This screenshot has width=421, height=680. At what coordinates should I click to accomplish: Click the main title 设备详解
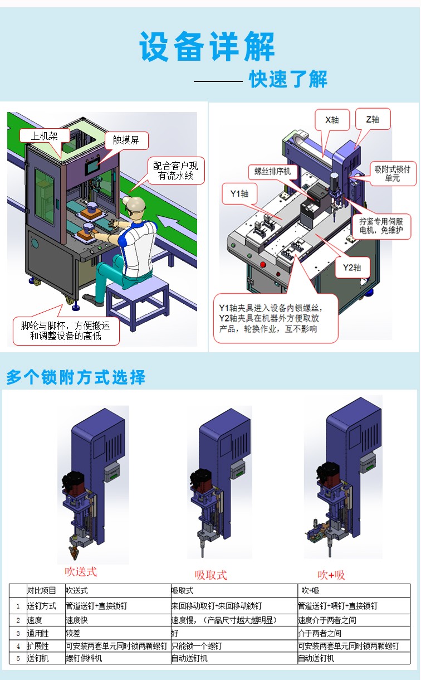click(207, 47)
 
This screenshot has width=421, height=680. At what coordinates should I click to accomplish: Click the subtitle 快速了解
click(288, 80)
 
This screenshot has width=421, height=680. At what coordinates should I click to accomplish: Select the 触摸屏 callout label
click(126, 140)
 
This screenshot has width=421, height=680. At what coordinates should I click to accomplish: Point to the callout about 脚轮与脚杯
click(66, 331)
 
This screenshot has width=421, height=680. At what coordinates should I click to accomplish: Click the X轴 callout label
click(332, 119)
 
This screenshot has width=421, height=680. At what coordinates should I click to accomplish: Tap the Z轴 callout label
click(373, 119)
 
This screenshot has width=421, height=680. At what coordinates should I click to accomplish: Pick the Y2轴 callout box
click(352, 267)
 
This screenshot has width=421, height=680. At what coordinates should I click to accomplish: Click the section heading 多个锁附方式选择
click(76, 377)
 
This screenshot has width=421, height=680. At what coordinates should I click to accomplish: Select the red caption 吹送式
click(81, 571)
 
